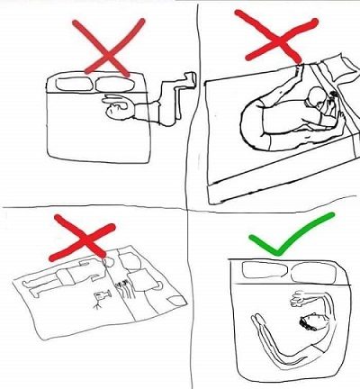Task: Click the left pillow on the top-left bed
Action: [x=73, y=85]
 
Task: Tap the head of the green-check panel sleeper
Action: [x=315, y=321]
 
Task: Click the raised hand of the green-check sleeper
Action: [x=295, y=301]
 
